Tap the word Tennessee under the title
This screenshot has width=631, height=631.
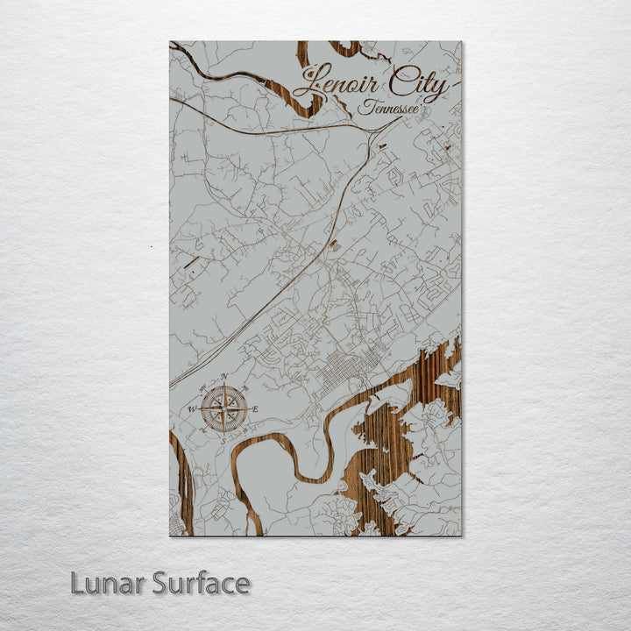[386, 109]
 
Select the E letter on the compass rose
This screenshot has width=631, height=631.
[255, 410]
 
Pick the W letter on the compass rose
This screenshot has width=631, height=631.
[192, 409]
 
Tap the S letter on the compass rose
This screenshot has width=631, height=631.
[223, 441]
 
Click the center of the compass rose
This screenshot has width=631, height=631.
[223, 409]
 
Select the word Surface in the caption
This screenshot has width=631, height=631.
[201, 583]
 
